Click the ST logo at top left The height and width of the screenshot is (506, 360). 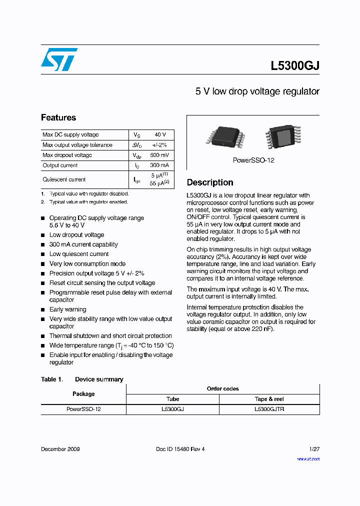click(59, 59)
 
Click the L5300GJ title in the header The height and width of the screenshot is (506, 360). click(294, 65)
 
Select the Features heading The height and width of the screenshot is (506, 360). click(58, 118)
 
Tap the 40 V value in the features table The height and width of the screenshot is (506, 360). click(160, 135)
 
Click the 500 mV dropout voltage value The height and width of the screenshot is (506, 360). click(159, 155)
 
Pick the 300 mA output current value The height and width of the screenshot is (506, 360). click(159, 165)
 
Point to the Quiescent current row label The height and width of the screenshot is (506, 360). click(64, 179)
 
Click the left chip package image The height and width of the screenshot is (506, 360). click(223, 136)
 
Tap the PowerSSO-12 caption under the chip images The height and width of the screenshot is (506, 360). click(253, 160)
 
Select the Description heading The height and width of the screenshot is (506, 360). click(210, 182)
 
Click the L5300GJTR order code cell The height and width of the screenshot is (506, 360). click(269, 409)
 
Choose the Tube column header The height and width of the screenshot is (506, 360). click(172, 399)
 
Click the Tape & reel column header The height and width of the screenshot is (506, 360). click(269, 399)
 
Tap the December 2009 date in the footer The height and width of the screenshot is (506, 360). click(60, 449)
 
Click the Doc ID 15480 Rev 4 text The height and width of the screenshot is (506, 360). click(180, 449)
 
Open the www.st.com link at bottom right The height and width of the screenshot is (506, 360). click(308, 458)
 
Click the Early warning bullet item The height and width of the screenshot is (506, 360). click(67, 309)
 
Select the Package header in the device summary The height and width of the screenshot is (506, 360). click(83, 394)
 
